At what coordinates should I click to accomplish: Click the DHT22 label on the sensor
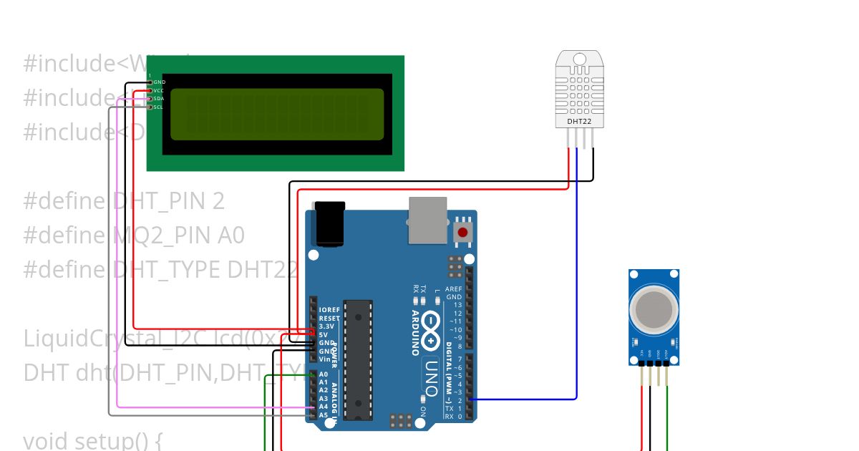click(x=579, y=122)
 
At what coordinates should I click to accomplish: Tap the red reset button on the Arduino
click(x=463, y=232)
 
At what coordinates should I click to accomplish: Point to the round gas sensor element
click(x=654, y=309)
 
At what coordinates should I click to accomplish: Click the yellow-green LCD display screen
click(x=277, y=114)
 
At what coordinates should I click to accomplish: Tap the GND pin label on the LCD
click(x=159, y=82)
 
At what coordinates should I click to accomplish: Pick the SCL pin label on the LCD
click(x=158, y=107)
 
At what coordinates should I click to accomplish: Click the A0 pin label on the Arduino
click(x=324, y=374)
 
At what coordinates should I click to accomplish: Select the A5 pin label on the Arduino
click(x=324, y=414)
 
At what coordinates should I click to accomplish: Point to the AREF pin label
click(x=453, y=288)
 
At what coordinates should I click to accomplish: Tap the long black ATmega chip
click(x=357, y=358)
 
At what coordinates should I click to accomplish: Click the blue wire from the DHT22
click(x=576, y=286)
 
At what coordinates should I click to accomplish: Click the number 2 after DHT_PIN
click(x=218, y=202)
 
